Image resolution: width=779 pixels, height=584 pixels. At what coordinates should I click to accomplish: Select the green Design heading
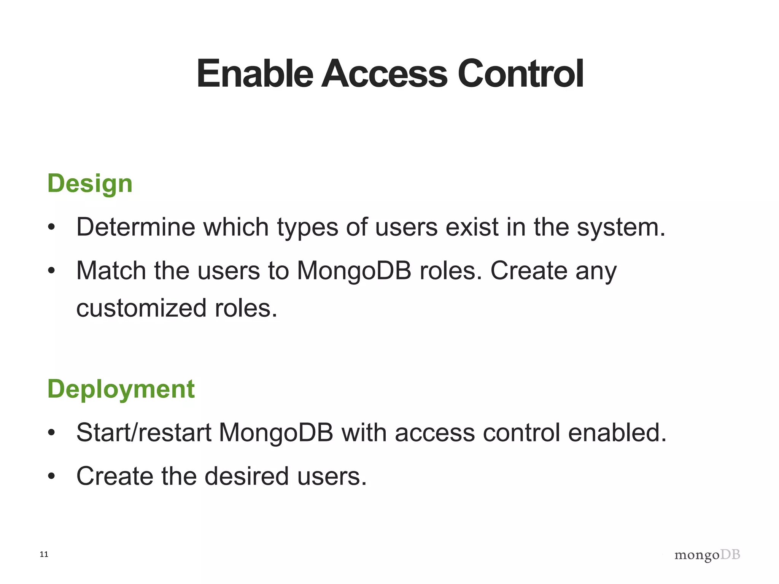90,184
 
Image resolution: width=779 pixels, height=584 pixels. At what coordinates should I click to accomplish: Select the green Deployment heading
121,389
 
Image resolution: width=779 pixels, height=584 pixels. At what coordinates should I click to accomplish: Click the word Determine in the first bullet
135,227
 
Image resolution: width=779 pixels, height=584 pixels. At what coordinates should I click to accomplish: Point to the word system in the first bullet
621,228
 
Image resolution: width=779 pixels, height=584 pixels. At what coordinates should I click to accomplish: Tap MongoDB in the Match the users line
354,271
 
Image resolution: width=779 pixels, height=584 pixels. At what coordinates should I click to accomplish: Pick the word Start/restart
143,433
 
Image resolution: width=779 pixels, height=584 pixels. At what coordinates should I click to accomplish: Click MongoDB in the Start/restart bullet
276,433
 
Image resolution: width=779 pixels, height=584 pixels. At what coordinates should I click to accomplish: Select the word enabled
617,433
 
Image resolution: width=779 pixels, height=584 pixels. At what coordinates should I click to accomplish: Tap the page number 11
44,554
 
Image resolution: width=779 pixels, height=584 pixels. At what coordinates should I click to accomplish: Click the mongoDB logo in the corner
707,555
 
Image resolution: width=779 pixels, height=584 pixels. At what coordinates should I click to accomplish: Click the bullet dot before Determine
52,228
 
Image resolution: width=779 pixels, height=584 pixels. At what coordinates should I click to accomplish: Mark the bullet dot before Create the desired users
52,476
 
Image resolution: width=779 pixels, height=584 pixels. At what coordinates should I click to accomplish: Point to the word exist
472,227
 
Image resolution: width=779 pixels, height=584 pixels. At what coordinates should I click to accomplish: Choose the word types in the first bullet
307,228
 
